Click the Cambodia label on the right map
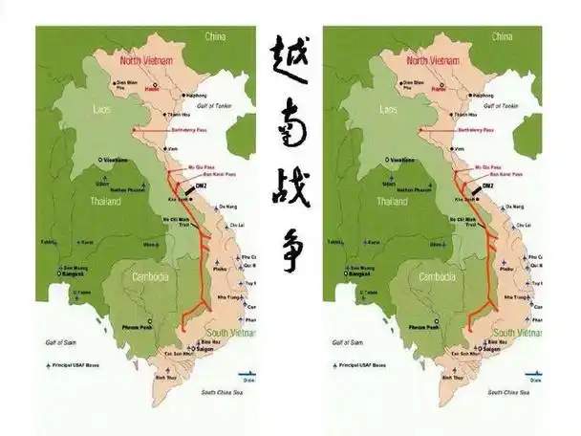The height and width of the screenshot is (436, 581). click(x=438, y=277)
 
